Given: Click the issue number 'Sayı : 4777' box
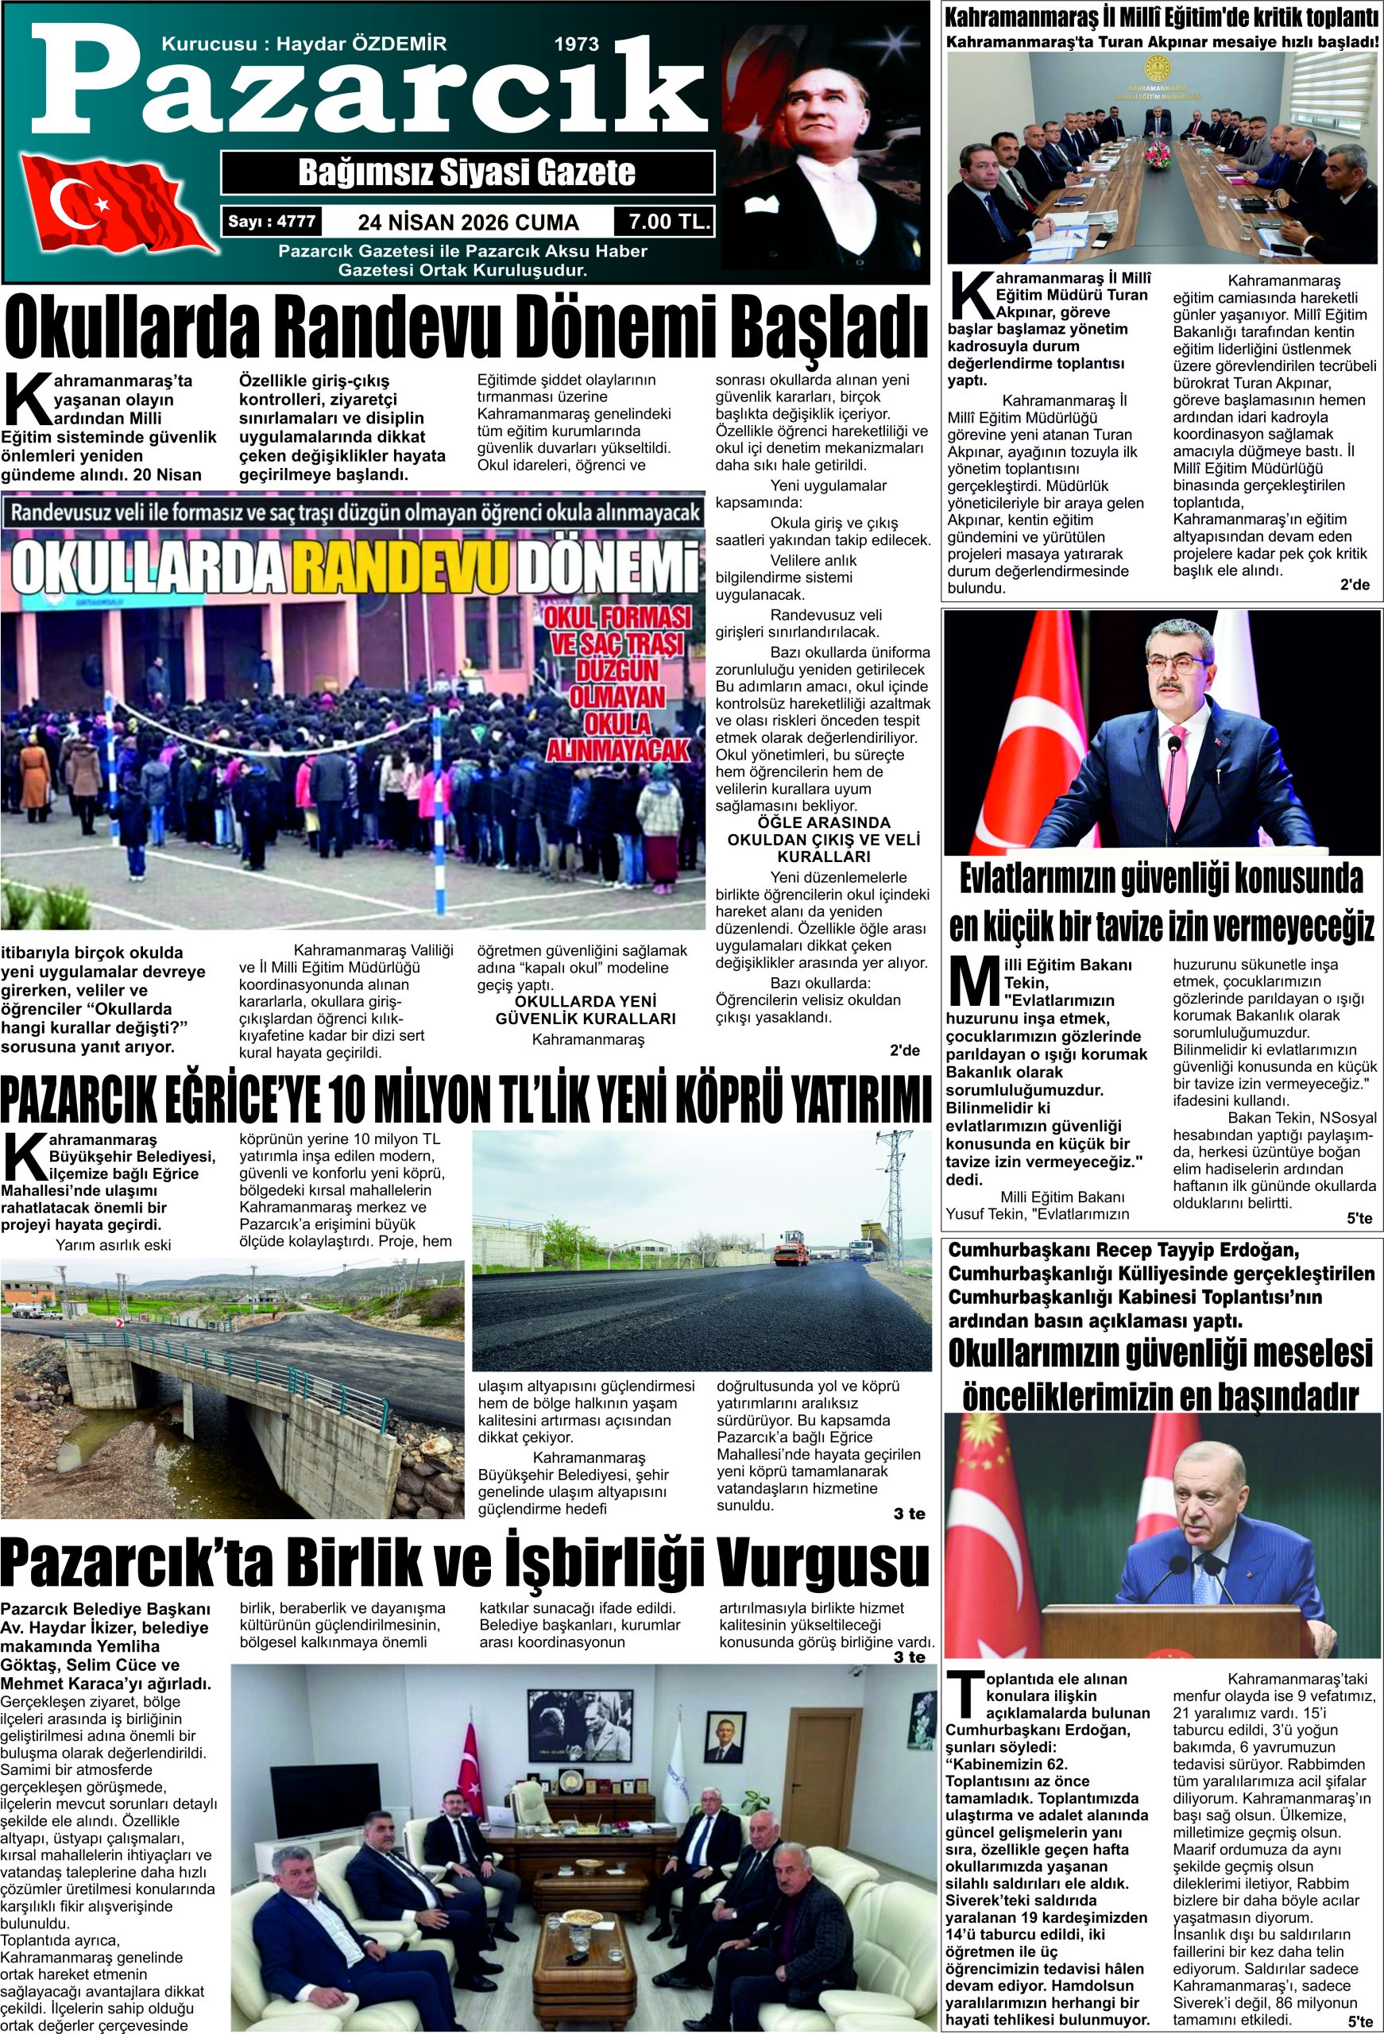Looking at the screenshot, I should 272,222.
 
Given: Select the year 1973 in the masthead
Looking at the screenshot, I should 577,44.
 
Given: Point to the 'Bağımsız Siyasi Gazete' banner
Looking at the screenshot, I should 466,172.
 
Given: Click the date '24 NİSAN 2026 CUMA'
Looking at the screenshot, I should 468,222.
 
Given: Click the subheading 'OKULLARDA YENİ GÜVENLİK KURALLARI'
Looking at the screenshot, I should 585,1009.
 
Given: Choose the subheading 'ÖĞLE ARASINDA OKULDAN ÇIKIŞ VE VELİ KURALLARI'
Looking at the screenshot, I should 823,839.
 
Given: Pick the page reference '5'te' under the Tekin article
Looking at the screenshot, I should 1359,1217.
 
